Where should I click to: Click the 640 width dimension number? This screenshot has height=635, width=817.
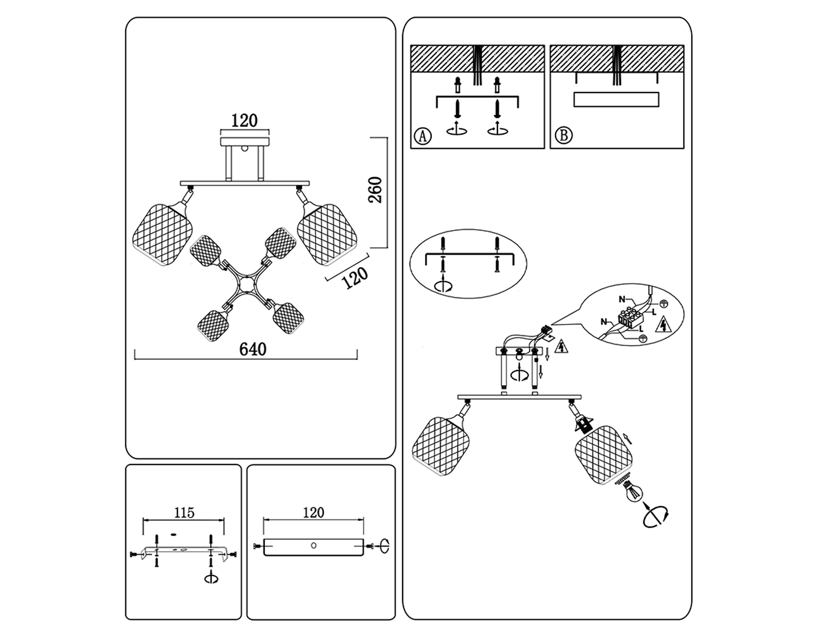click(x=253, y=349)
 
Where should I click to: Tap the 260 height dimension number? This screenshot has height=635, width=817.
click(x=376, y=190)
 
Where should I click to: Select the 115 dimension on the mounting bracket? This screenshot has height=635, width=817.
click(x=184, y=513)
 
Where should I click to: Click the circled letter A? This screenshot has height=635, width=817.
click(x=423, y=136)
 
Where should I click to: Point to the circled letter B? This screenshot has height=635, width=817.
click(x=563, y=135)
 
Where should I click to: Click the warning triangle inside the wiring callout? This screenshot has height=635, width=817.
click(x=664, y=324)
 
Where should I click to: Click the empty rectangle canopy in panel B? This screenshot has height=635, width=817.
click(x=616, y=99)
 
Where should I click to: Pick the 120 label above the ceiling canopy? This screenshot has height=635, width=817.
click(x=244, y=121)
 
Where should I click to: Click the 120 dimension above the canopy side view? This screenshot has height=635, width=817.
click(x=313, y=513)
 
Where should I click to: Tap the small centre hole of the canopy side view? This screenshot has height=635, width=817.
click(x=313, y=546)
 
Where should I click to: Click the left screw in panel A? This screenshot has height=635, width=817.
click(x=458, y=109)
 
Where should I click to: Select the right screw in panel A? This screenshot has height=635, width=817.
click(x=497, y=109)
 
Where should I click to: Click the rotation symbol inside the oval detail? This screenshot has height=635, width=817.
click(x=443, y=286)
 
